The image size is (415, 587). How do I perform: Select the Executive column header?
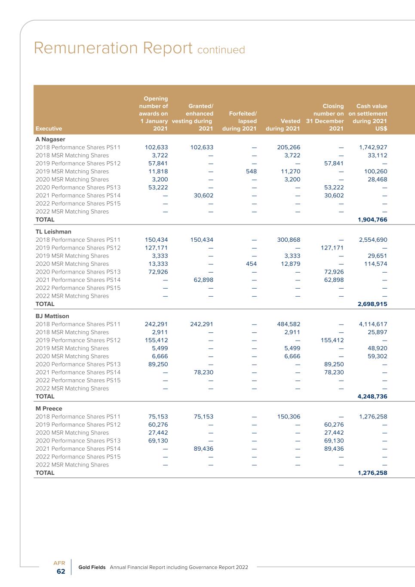(x=49, y=129)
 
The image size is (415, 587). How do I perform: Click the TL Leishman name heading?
(x=53, y=232)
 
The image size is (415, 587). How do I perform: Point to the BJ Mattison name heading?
(x=52, y=316)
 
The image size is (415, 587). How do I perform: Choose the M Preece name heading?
(x=49, y=409)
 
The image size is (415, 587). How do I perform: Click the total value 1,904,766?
(x=372, y=220)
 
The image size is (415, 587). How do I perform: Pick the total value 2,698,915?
(x=372, y=304)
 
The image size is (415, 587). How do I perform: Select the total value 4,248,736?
(x=372, y=396)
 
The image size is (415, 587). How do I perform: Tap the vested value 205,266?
(x=289, y=148)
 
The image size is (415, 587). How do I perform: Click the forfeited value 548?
(x=251, y=172)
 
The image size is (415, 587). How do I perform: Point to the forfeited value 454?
(x=251, y=264)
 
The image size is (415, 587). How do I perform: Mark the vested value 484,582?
(x=289, y=324)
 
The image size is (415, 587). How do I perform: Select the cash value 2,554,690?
(x=373, y=240)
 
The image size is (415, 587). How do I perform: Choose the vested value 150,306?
(x=289, y=417)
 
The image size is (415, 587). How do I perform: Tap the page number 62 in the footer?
(x=61, y=572)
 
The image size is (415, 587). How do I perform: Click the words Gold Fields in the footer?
(x=92, y=568)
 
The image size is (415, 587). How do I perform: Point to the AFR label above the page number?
(x=59, y=563)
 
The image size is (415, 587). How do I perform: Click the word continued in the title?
(x=221, y=50)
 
